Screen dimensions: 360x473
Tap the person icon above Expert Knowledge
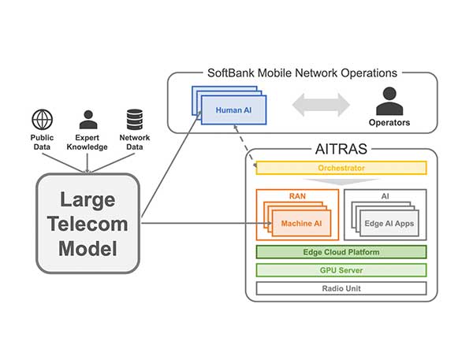(x=87, y=120)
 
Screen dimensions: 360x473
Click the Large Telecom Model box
(x=88, y=224)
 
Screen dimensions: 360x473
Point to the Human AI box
(x=233, y=109)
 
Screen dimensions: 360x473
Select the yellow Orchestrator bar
(x=341, y=168)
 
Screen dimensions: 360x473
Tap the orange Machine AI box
(x=300, y=223)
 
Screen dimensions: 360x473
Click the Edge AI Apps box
(x=389, y=223)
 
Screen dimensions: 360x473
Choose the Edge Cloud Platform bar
(x=341, y=252)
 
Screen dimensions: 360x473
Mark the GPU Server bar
(x=341, y=270)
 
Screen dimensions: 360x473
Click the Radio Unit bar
(x=341, y=288)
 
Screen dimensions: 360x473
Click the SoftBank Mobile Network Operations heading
(x=302, y=73)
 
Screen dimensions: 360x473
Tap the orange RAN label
(x=297, y=195)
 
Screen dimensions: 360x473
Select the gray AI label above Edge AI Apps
(x=385, y=195)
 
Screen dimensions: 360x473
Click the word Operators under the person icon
(x=388, y=122)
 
